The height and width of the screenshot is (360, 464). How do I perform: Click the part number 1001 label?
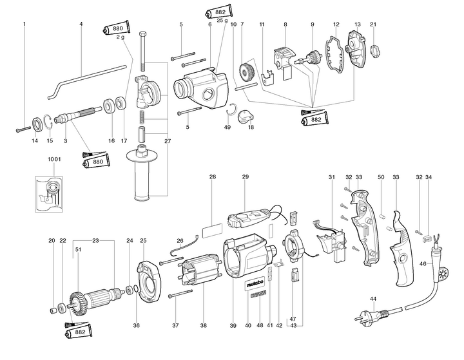(54, 158)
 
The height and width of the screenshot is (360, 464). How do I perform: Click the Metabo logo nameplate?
(253, 284)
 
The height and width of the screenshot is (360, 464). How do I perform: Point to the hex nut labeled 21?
(372, 49)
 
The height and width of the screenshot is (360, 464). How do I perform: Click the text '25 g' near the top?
(223, 21)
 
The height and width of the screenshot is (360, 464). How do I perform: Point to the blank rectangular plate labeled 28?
(213, 228)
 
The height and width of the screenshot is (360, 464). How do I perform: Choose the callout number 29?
(245, 176)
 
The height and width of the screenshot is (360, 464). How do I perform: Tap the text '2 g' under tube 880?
(120, 37)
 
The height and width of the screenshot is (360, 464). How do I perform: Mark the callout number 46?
(423, 263)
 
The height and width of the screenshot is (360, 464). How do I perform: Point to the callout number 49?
(227, 128)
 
